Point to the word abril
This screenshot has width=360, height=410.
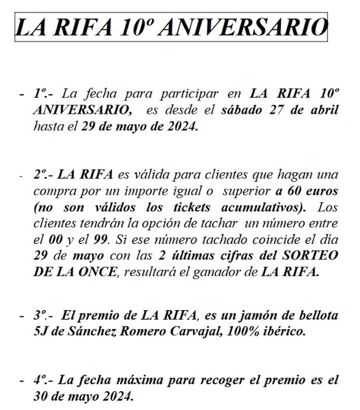point(323,110)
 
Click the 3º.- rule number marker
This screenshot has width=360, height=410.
point(43,317)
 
